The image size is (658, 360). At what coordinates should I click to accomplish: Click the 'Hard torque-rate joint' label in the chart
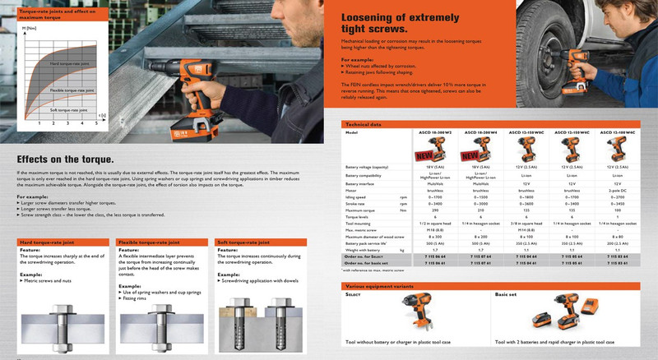click(x=70, y=62)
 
